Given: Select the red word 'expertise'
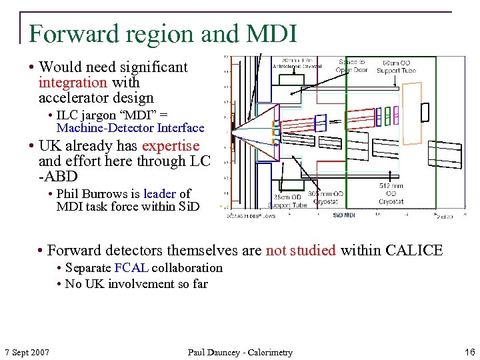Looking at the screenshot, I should click(x=171, y=145).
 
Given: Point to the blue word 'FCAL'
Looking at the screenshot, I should click(x=131, y=268).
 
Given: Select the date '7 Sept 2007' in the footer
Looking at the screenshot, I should click(x=27, y=352).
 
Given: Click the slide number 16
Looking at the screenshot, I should click(x=470, y=352).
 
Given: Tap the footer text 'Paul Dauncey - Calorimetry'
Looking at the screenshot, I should click(x=240, y=352).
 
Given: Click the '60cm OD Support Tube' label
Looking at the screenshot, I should click(x=396, y=67).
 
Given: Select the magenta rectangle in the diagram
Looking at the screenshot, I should click(x=395, y=116).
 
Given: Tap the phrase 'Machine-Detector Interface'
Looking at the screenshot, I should click(x=130, y=128).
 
